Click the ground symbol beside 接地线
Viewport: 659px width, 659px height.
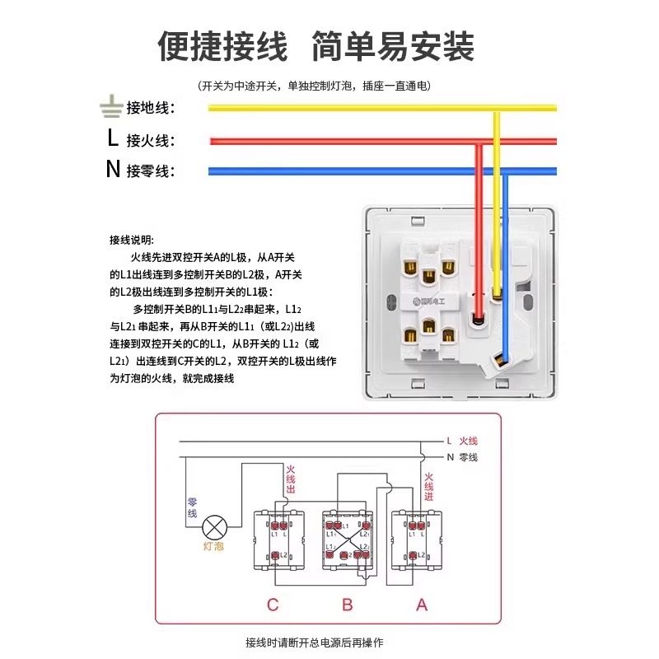point(110,106)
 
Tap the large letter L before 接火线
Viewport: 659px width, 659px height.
point(112,138)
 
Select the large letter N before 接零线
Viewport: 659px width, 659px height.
point(113,170)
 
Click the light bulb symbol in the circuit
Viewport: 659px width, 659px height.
point(215,526)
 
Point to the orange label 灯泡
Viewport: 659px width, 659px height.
point(213,546)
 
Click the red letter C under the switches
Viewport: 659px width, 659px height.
point(273,605)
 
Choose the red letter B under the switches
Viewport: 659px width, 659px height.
point(348,605)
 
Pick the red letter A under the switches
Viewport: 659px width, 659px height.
point(422,605)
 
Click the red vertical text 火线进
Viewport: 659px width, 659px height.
point(428,486)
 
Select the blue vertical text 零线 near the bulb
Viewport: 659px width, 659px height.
point(192,507)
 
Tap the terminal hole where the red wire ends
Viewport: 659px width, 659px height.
point(476,316)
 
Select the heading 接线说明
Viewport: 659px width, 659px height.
point(131,240)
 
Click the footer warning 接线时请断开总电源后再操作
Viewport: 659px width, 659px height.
point(315,642)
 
